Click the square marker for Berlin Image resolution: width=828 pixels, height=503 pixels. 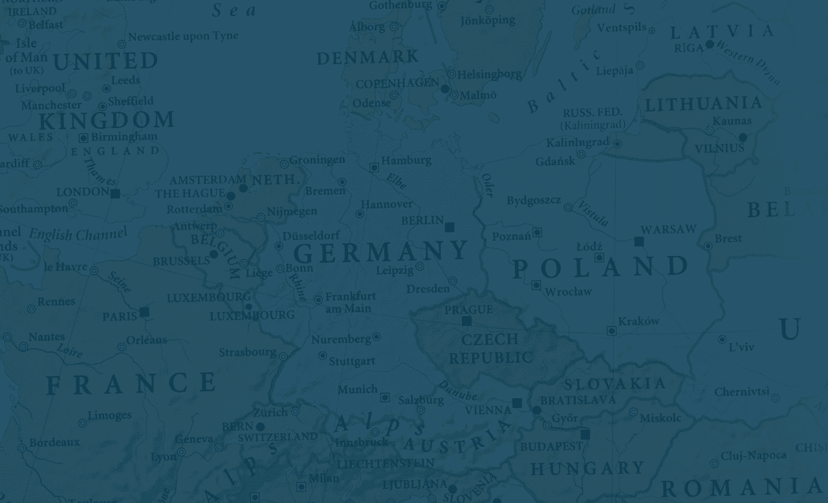[x=450, y=227]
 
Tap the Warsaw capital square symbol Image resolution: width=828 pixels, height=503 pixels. [x=639, y=241]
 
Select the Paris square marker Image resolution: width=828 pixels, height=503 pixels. [x=144, y=312]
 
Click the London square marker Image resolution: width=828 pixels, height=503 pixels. [x=115, y=193]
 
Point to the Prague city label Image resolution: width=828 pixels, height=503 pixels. [x=468, y=310]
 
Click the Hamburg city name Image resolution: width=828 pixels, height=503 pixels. [x=406, y=160]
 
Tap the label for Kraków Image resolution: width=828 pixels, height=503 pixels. [x=638, y=321]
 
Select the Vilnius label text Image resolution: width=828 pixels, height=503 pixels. [x=719, y=149]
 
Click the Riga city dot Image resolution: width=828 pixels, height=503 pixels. [x=710, y=44]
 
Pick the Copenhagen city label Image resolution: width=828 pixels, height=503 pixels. [x=397, y=83]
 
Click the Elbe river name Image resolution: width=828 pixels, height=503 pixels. [x=397, y=181]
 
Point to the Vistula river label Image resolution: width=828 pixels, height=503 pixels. [x=593, y=213]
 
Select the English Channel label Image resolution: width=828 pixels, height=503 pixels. [x=78, y=234]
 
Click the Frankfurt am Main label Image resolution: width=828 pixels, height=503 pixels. [x=349, y=303]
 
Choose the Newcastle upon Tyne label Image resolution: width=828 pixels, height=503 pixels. [x=183, y=36]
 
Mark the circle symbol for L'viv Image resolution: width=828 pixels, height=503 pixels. [x=722, y=339]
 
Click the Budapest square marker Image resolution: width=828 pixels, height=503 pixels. [x=585, y=434]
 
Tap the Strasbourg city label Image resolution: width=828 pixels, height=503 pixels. [x=247, y=352]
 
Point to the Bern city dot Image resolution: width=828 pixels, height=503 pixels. [x=260, y=427]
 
